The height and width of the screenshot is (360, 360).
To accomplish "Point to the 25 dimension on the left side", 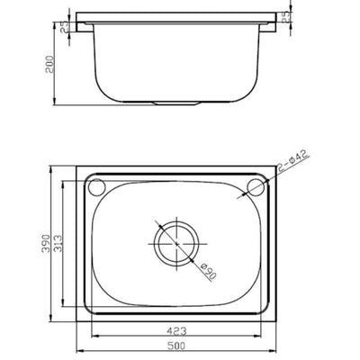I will point(65,29).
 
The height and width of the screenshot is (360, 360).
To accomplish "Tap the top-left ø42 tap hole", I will point(98,186).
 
